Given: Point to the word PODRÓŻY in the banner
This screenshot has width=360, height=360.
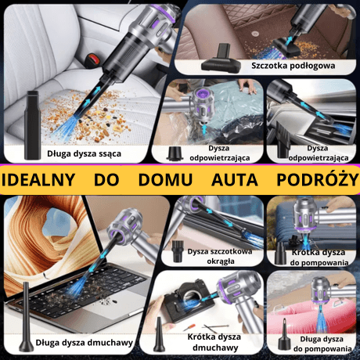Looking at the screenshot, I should pyautogui.click(x=314, y=178).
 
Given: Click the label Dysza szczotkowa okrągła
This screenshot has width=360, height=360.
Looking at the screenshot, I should pyautogui.click(x=221, y=256).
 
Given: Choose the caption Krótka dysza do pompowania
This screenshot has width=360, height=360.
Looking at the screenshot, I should pyautogui.click(x=316, y=258).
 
